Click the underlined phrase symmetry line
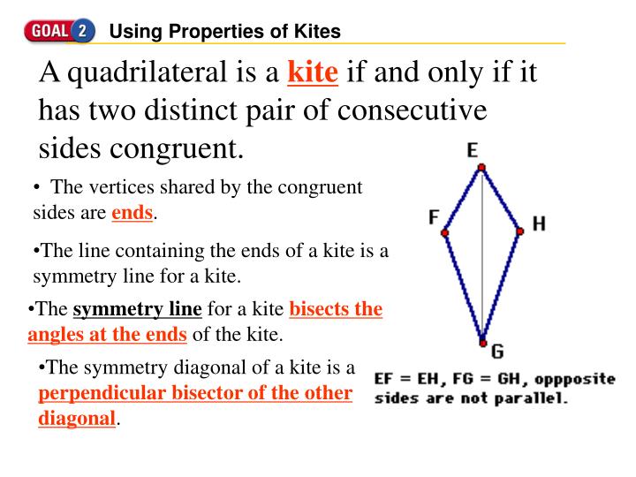tap(138, 309)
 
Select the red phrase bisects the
tap(336, 309)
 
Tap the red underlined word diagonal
tap(77, 417)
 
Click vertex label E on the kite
tap(473, 150)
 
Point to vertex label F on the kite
tap(434, 216)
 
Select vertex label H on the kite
tap(538, 224)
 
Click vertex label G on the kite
tap(496, 352)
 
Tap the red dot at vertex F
tap(445, 232)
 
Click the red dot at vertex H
tap(519, 231)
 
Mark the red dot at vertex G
tap(482, 343)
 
